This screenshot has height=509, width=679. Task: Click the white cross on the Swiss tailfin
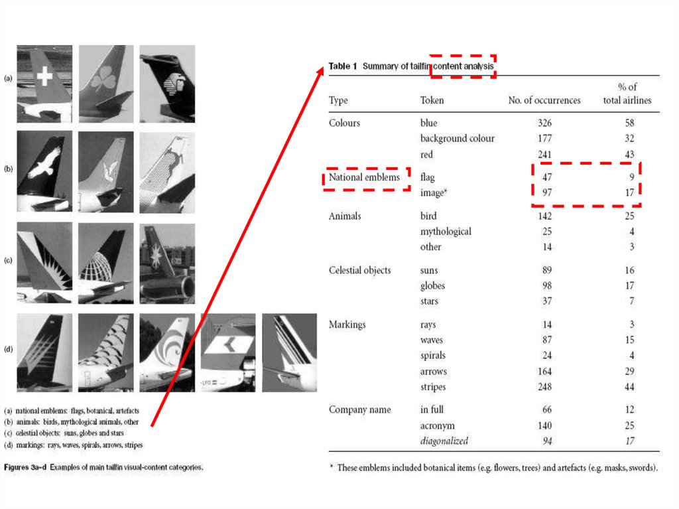(x=44, y=76)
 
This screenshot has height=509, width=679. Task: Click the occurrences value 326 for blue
(x=544, y=123)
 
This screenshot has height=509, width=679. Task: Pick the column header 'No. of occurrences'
(x=544, y=100)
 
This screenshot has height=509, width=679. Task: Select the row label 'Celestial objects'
(x=359, y=270)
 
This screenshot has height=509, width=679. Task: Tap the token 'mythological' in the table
(x=446, y=232)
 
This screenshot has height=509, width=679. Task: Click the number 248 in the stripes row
(x=544, y=387)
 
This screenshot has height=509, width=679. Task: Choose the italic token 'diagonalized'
(x=444, y=441)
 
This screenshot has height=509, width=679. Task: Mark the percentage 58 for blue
(x=629, y=123)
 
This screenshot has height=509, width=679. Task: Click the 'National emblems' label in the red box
(x=364, y=177)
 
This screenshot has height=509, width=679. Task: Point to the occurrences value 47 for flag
(x=547, y=177)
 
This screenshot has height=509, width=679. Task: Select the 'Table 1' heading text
(x=343, y=66)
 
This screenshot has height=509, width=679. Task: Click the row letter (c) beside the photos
(x=8, y=260)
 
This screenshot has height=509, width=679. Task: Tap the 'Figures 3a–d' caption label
(x=25, y=467)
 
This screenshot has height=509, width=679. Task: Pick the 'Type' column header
(x=338, y=100)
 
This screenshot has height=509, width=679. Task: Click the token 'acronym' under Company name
(x=438, y=425)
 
